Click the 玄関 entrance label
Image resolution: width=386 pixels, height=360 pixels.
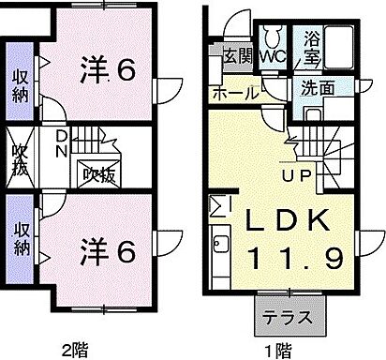[x=237, y=55]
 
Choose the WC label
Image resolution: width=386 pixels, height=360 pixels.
[x=274, y=56]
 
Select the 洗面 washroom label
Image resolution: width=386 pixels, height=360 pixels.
[x=318, y=90]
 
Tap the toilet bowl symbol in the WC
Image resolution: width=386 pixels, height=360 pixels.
[x=273, y=36]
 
